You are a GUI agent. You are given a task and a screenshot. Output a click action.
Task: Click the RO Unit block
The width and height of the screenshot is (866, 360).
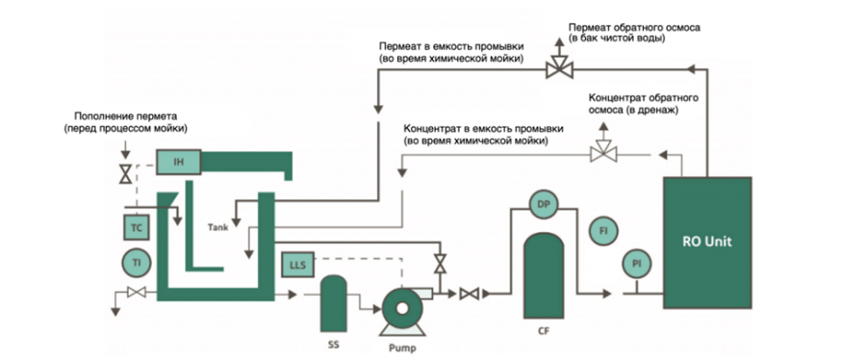(x=710, y=243)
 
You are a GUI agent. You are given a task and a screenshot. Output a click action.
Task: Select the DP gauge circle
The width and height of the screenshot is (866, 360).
(x=543, y=204)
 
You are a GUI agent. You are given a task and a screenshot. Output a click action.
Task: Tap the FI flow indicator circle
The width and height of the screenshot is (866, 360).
(x=603, y=232)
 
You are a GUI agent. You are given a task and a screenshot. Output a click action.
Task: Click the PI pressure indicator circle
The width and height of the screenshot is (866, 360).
(x=635, y=263)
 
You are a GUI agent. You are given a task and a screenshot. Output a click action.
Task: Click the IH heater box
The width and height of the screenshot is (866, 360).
(x=177, y=162)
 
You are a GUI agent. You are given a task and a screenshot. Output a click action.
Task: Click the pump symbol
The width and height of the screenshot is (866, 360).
(x=400, y=308)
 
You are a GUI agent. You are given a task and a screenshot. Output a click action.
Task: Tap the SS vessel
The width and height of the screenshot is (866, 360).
(x=333, y=302)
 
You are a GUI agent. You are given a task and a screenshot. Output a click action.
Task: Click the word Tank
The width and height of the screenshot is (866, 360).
(x=217, y=228)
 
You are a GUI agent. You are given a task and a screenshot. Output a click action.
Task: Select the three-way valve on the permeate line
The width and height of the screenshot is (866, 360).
(x=557, y=68)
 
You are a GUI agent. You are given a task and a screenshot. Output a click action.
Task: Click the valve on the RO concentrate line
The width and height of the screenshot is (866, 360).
(x=603, y=151)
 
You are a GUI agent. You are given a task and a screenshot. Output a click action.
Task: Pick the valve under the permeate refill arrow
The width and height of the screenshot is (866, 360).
(x=124, y=175)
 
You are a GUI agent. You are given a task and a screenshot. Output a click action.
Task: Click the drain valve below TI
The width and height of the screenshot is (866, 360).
(x=136, y=293)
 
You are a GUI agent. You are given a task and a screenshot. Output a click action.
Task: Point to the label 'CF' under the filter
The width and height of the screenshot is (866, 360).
(x=543, y=330)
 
